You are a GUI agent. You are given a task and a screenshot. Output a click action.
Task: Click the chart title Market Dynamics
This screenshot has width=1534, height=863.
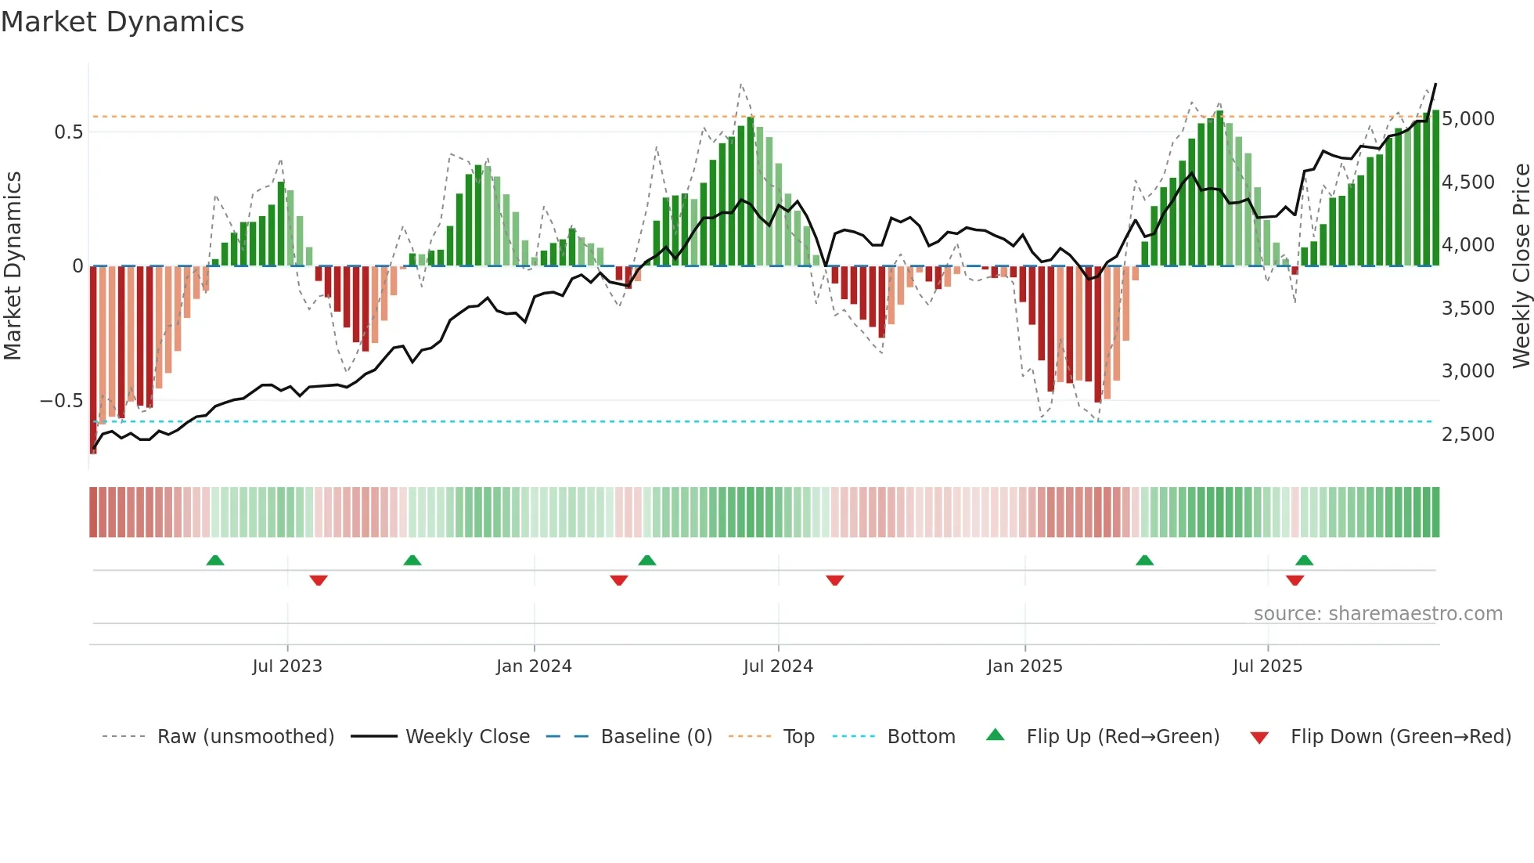pyautogui.click(x=123, y=22)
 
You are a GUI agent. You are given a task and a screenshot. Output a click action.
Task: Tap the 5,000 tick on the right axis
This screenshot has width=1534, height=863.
pyautogui.click(x=1467, y=119)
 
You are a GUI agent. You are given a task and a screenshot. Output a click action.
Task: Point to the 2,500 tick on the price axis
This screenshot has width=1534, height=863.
pyautogui.click(x=1467, y=435)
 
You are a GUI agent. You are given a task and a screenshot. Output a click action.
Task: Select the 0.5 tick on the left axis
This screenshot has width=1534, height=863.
pyautogui.click(x=69, y=132)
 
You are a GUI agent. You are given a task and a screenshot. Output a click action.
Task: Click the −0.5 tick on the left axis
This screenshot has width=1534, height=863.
pyautogui.click(x=62, y=401)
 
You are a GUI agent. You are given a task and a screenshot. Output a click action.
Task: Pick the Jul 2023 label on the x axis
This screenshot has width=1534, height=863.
pyautogui.click(x=287, y=666)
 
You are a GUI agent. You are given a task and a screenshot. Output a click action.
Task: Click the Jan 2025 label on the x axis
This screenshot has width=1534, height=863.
pyautogui.click(x=1024, y=666)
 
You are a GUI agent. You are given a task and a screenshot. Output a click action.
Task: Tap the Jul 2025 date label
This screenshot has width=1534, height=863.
pyautogui.click(x=1267, y=666)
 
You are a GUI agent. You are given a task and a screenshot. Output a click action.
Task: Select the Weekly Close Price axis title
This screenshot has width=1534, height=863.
pyautogui.click(x=1521, y=265)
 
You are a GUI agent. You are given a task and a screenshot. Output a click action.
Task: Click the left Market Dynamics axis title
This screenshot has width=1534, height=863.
pyautogui.click(x=13, y=265)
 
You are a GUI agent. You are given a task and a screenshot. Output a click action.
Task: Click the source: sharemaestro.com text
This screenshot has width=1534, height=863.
pyautogui.click(x=1377, y=614)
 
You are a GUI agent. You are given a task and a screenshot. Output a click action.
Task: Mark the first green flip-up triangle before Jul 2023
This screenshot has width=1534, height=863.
pyautogui.click(x=215, y=560)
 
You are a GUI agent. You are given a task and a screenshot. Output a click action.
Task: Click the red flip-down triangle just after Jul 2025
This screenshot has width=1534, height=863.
pyautogui.click(x=1295, y=580)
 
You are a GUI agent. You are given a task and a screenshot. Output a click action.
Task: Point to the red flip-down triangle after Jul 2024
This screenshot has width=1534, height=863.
pyautogui.click(x=834, y=580)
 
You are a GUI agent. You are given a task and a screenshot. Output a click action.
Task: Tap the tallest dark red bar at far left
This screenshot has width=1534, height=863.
pyautogui.click(x=93, y=360)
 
